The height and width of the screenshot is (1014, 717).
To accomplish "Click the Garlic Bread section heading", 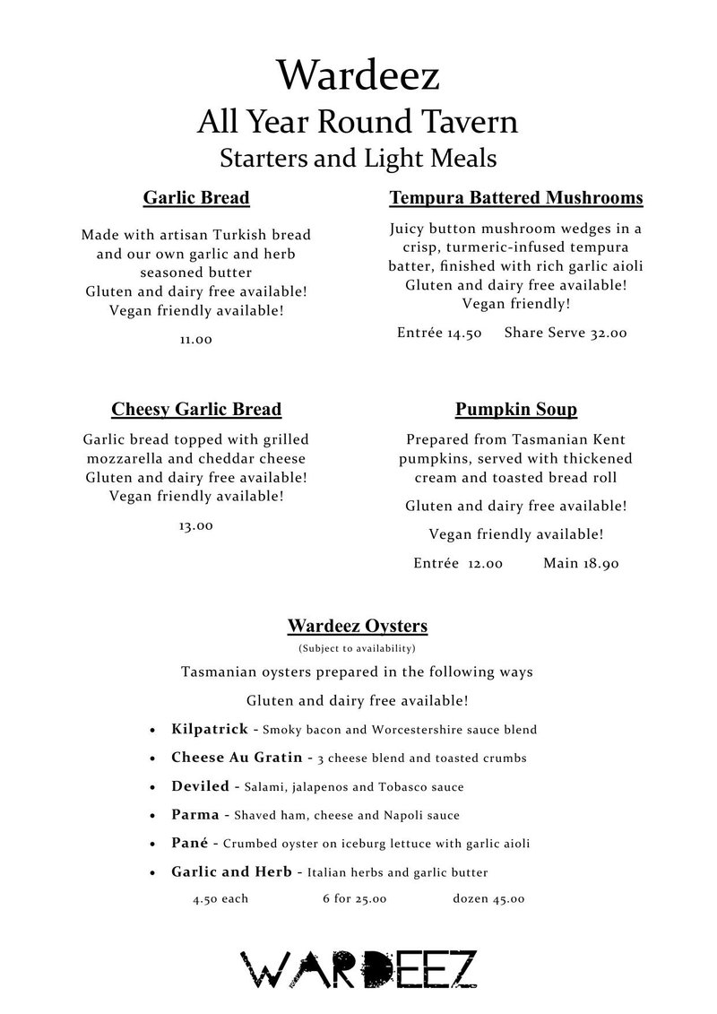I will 196,197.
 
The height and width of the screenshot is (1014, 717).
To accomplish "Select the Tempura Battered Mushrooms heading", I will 516,197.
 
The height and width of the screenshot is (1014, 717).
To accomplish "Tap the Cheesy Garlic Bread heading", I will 196,410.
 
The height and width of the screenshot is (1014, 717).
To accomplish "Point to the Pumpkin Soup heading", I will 516,410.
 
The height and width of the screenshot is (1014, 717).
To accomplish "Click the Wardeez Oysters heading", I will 357,625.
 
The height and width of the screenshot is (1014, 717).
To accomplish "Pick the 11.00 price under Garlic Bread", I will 196,341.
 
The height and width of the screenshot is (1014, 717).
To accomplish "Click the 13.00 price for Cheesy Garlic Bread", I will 196,525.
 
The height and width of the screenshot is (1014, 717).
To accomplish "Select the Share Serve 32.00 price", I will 566,333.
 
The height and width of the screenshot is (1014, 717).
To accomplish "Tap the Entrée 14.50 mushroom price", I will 440,333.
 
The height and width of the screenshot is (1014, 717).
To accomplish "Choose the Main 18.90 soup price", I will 582,564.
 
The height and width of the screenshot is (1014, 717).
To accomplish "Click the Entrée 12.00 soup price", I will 458,564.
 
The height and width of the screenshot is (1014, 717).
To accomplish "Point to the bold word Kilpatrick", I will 210,730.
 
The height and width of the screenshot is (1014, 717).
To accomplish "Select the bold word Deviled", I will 200,786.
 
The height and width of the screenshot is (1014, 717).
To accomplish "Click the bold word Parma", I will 194,815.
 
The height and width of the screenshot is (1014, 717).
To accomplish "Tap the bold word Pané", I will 190,844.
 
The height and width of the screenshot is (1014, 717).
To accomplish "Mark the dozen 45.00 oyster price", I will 488,899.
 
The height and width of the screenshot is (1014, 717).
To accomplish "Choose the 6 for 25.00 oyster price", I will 354,899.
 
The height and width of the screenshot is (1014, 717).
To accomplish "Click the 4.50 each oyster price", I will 220,899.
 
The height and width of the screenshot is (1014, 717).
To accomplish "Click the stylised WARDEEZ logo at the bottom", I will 358,970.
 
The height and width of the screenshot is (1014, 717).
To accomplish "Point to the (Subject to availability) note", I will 357,647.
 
